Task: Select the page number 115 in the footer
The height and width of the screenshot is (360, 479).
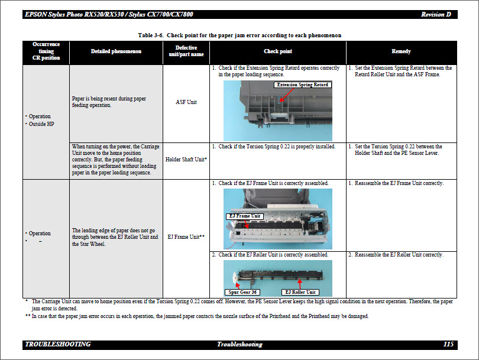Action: pyautogui.click(x=448, y=344)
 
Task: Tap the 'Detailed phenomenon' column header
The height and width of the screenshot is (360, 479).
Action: pyautogui.click(x=116, y=51)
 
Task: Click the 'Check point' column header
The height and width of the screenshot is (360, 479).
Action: pyautogui.click(x=277, y=51)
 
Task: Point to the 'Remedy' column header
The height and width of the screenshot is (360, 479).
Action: pyautogui.click(x=401, y=51)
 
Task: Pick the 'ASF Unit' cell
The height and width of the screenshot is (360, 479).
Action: pyautogui.click(x=186, y=102)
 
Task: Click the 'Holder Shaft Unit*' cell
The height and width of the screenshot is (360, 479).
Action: pyautogui.click(x=186, y=159)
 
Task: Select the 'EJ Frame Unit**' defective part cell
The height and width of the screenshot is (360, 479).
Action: pyautogui.click(x=186, y=237)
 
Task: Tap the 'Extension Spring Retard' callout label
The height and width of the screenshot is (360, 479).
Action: pyautogui.click(x=302, y=85)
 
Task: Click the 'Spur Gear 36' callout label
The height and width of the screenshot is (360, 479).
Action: pyautogui.click(x=242, y=292)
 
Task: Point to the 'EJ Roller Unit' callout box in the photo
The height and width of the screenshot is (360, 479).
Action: pyautogui.click(x=300, y=292)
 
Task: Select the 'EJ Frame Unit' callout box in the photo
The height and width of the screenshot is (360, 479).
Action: pyautogui.click(x=244, y=216)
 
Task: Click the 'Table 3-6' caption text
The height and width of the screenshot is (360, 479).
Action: pyautogui.click(x=239, y=35)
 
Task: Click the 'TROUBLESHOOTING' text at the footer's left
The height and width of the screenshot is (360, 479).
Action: pyautogui.click(x=58, y=344)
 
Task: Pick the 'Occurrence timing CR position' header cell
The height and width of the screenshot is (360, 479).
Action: pyautogui.click(x=46, y=51)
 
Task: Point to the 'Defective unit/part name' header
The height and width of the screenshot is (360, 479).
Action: pyautogui.click(x=186, y=51)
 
